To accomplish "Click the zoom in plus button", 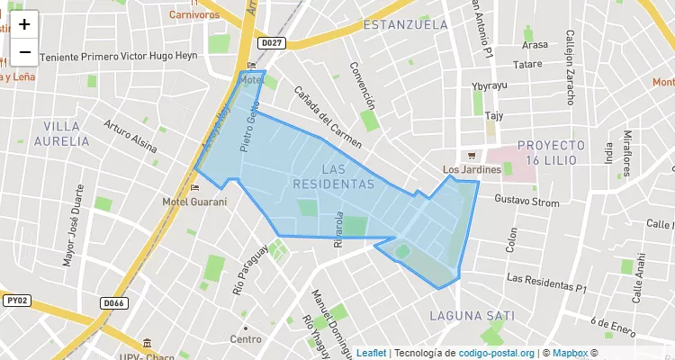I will point(24,24).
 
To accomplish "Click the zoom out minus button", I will point(24,52).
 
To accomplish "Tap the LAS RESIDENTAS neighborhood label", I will point(333,176).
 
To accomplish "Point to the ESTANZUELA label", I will point(405,24).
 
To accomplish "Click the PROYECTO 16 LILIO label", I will point(551,151).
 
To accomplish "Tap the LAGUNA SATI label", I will point(472,316).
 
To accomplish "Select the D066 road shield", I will point(113,303).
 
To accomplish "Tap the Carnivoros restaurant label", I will point(194,14).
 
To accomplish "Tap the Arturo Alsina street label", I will point(130,136).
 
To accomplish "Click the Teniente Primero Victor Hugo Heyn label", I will point(117,56).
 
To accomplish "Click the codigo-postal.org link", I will point(498,353).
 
